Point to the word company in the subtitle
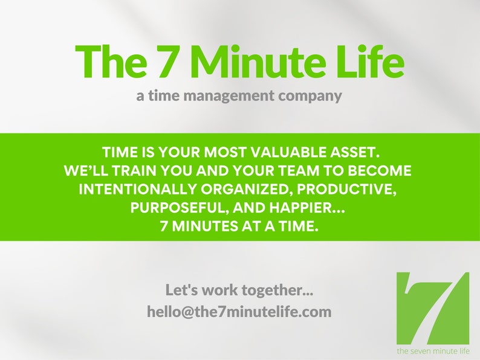click(313, 95)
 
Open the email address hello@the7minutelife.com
click(239, 312)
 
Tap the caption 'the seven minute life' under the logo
click(433, 351)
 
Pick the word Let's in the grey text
click(182, 291)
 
